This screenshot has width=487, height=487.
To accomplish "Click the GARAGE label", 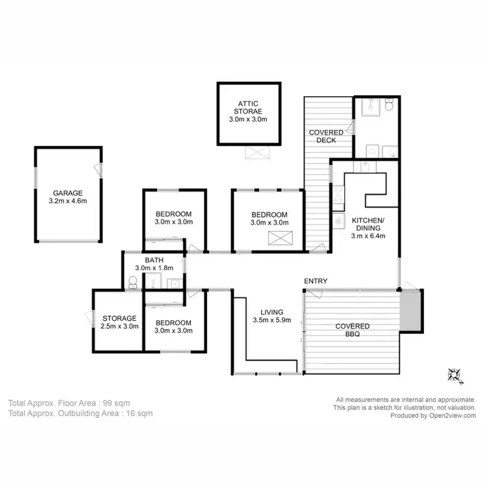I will pyautogui.click(x=68, y=193).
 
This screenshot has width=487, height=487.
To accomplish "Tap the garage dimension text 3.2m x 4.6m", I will pyautogui.click(x=68, y=201).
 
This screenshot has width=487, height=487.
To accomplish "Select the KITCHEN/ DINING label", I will pyautogui.click(x=368, y=225).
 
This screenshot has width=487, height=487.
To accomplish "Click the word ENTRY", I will pyautogui.click(x=315, y=281).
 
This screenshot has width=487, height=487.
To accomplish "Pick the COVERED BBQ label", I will pyautogui.click(x=352, y=331).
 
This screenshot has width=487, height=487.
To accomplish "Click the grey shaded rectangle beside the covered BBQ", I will pyautogui.click(x=410, y=310).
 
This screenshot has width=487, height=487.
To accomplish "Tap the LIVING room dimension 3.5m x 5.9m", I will pyautogui.click(x=272, y=319).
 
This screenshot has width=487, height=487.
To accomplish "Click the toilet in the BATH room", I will pyautogui.click(x=133, y=282).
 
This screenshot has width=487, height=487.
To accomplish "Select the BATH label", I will pyautogui.click(x=154, y=260).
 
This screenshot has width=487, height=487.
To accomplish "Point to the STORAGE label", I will pyautogui.click(x=119, y=318).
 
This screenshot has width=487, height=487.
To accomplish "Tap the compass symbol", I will pyautogui.click(x=453, y=374).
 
